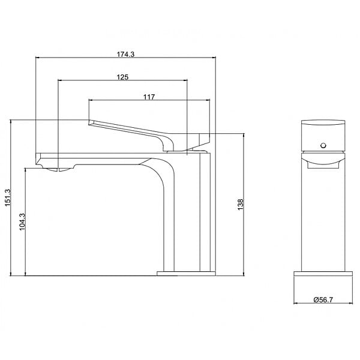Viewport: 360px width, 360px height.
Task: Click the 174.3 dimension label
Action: [125, 55]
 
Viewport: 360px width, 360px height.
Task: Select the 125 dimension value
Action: [122, 77]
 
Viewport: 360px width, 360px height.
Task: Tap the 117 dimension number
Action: [149, 97]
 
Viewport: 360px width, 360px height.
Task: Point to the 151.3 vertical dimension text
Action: [8, 197]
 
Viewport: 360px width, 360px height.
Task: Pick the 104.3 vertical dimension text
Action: [22, 221]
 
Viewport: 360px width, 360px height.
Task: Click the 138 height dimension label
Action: [241, 205]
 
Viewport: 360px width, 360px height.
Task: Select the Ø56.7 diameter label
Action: [323, 299]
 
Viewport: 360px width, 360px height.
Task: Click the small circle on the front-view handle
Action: [323, 145]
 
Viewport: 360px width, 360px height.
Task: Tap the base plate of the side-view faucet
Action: [186, 273]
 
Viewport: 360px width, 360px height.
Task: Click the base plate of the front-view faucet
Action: [323, 274]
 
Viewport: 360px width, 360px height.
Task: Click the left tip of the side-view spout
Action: [36, 158]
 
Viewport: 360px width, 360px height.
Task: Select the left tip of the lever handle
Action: [89, 122]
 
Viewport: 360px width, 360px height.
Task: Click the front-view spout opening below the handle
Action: [323, 165]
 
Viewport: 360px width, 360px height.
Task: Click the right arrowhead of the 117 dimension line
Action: [208, 100]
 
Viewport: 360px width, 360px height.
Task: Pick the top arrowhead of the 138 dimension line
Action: [244, 135]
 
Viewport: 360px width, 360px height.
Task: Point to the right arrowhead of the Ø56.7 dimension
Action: [350, 304]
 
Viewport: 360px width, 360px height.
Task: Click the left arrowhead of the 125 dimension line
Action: [60, 80]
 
